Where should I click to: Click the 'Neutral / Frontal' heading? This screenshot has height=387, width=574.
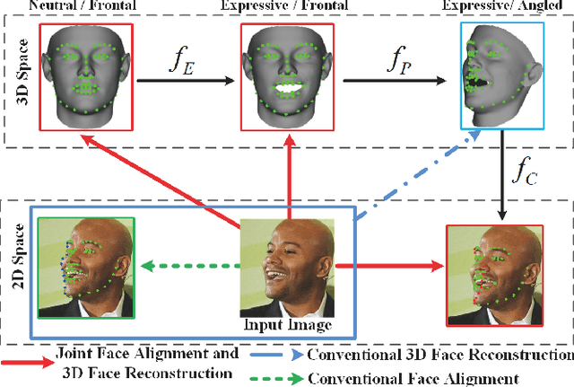(x=84, y=7)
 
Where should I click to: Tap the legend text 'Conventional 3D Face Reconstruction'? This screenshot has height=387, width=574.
(x=439, y=355)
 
